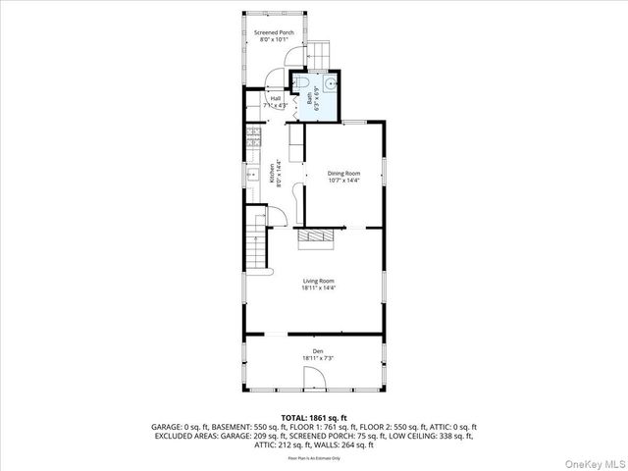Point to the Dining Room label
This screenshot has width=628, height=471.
pyautogui.click(x=344, y=173)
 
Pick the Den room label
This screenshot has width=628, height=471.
pyautogui.click(x=318, y=351)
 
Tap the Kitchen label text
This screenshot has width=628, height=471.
pyautogui.click(x=272, y=174)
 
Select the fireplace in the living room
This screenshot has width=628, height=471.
pyautogui.click(x=318, y=236)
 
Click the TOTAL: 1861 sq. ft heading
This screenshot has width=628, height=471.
pyautogui.click(x=314, y=418)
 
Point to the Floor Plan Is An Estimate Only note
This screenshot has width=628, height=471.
pyautogui.click(x=314, y=458)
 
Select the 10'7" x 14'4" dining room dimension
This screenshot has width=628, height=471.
pyautogui.click(x=344, y=181)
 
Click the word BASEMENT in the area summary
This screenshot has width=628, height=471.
pyautogui.click(x=230, y=427)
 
